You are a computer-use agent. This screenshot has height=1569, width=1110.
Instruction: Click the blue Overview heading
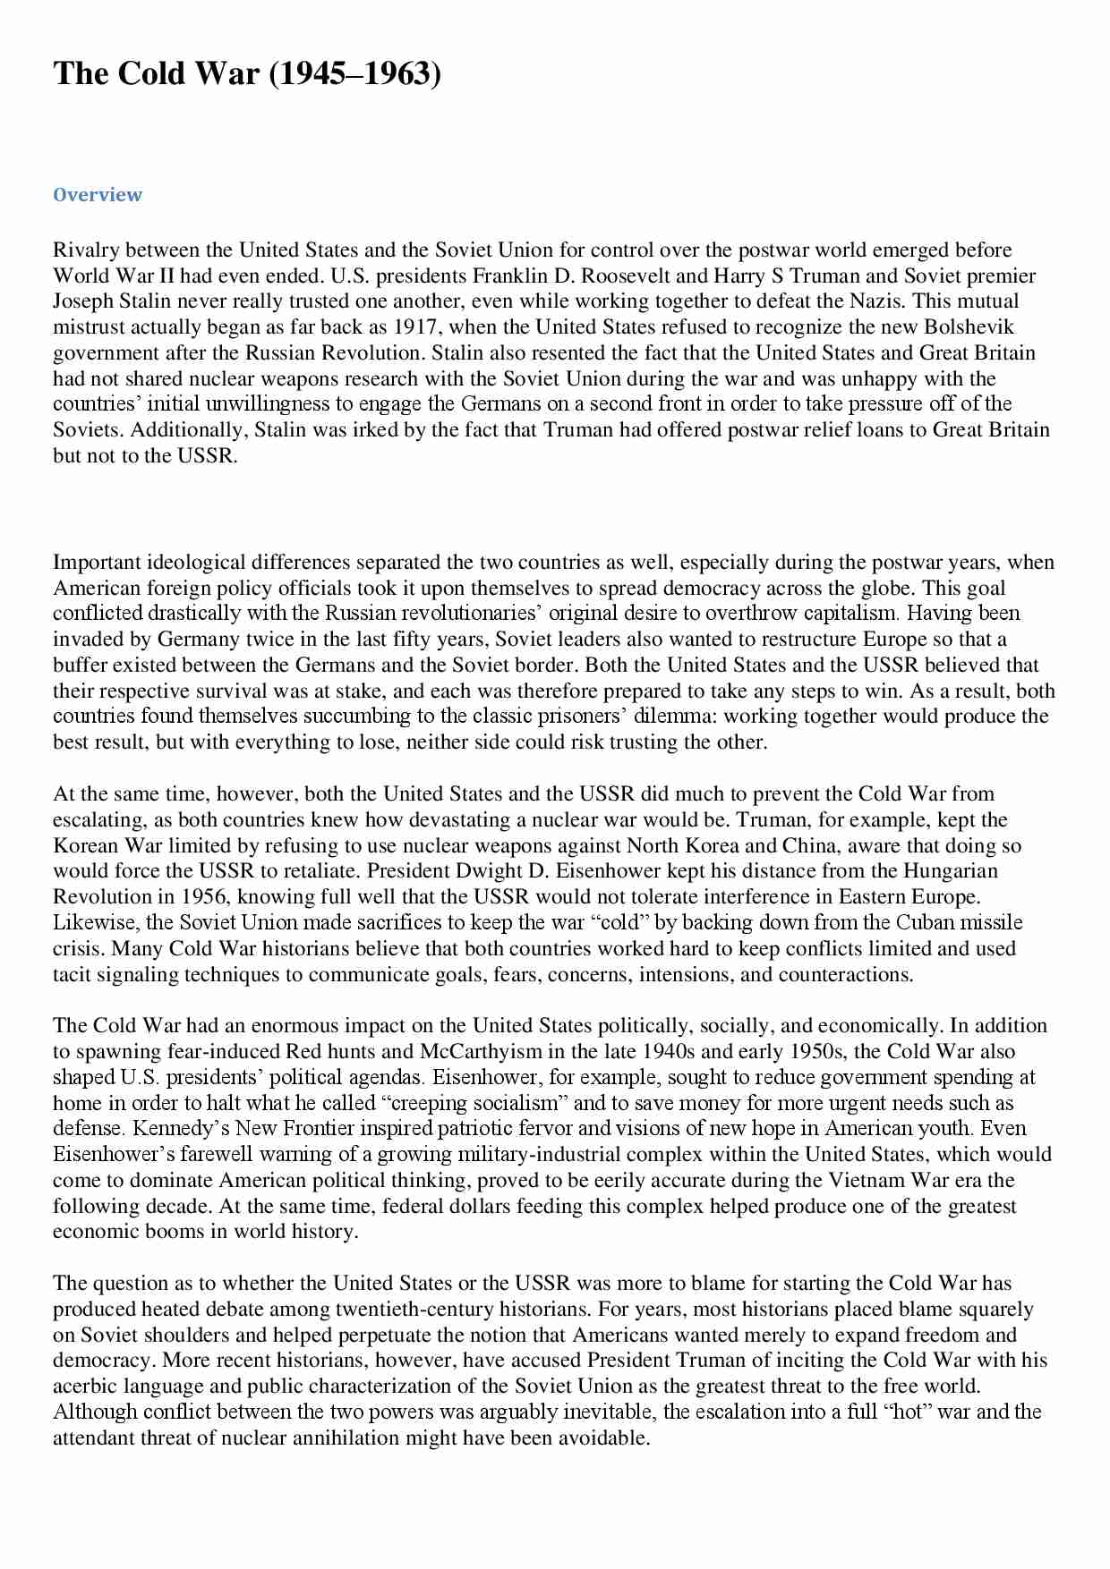click(x=97, y=195)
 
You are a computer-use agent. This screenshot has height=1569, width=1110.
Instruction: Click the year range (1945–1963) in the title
click(x=355, y=74)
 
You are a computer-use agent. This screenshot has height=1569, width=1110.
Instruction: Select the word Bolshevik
click(x=969, y=327)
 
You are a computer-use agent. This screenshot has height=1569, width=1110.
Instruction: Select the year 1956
click(x=204, y=897)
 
